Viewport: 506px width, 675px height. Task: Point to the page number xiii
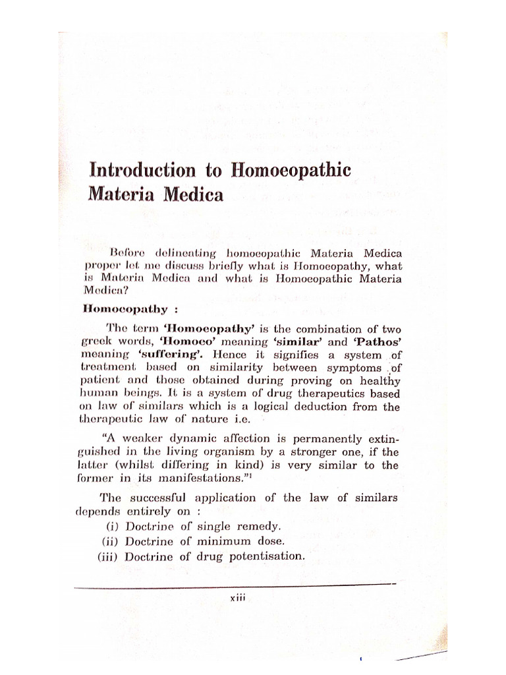(236, 599)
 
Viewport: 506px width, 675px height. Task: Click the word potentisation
(265, 556)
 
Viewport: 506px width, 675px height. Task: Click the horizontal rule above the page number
(234, 584)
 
